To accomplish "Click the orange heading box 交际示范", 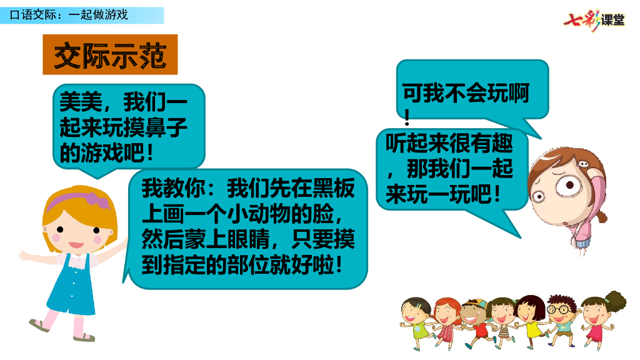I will pyautogui.click(x=110, y=55).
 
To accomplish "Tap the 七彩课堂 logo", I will pyautogui.click(x=593, y=20).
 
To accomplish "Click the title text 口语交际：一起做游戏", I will pyautogui.click(x=69, y=14).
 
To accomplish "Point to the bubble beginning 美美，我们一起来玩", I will pyautogui.click(x=128, y=126).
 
